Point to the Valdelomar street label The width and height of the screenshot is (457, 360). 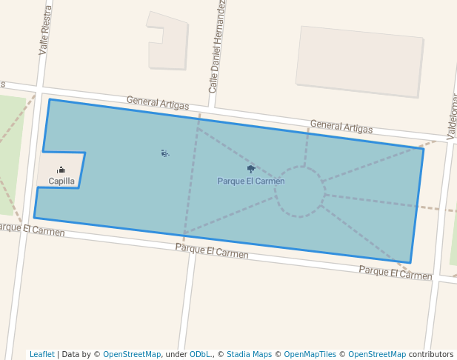(452, 116)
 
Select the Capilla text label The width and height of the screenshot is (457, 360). (61, 181)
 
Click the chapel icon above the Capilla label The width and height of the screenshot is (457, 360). (61, 170)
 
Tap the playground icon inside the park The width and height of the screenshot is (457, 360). (164, 153)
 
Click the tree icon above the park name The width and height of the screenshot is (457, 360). (251, 169)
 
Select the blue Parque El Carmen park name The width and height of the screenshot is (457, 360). (251, 181)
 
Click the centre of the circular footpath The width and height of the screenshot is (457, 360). (299, 192)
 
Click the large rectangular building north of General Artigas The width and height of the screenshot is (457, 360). (359, 61)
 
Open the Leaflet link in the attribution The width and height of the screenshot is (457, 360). (42, 354)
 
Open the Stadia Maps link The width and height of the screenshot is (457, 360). (249, 354)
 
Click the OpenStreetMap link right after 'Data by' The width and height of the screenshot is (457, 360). (132, 354)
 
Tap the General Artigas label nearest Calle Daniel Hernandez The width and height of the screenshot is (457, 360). (157, 102)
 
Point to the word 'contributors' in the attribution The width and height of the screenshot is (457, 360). (431, 354)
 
